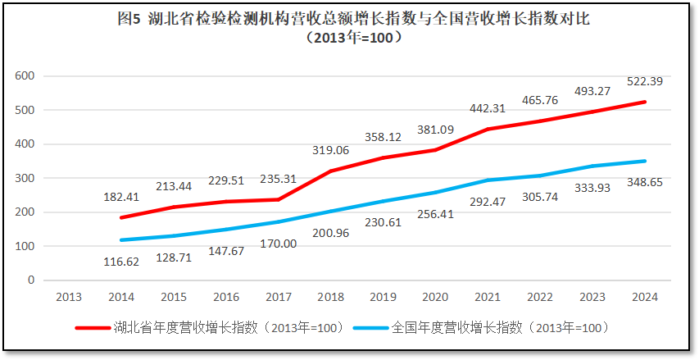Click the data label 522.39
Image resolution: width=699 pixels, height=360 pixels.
(644, 82)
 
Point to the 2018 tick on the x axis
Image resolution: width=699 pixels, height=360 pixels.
(330, 297)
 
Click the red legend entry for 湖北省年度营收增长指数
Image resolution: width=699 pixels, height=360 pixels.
(209, 327)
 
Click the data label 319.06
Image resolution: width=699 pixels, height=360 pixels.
(330, 150)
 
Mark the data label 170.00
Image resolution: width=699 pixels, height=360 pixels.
(279, 243)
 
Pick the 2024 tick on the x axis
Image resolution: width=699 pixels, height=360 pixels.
(644, 297)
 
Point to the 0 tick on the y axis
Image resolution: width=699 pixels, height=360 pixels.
(31, 280)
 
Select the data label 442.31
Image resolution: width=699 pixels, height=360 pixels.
(488, 107)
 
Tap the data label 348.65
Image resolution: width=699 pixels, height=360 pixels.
(644, 180)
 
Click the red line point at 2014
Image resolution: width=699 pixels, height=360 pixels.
(122, 217)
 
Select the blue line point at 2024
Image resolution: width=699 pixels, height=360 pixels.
(644, 161)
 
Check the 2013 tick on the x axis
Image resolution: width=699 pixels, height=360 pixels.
(70, 297)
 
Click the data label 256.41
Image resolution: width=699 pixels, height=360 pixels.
(435, 214)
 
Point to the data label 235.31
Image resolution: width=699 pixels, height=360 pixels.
(279, 179)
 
